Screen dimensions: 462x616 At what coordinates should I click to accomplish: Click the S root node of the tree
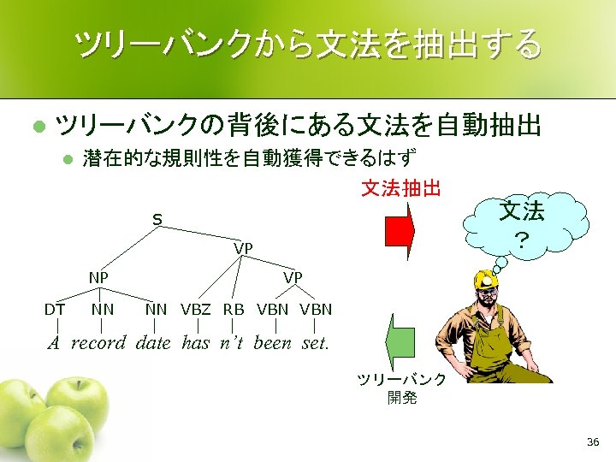click(x=157, y=220)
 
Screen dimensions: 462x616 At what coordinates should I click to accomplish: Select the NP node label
click(x=99, y=278)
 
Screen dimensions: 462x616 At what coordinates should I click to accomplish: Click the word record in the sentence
click(x=98, y=343)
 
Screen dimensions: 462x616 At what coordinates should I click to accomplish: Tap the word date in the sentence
click(x=155, y=343)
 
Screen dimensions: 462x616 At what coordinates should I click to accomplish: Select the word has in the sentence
click(x=195, y=343)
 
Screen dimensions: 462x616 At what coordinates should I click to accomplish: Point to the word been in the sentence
click(x=275, y=343)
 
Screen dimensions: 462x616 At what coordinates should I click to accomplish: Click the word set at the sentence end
click(x=315, y=343)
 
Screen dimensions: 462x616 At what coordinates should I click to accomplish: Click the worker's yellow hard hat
click(x=487, y=278)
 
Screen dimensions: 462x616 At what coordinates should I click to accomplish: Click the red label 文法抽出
click(x=400, y=187)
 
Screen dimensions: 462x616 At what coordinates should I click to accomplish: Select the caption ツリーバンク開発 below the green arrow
click(x=401, y=388)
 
